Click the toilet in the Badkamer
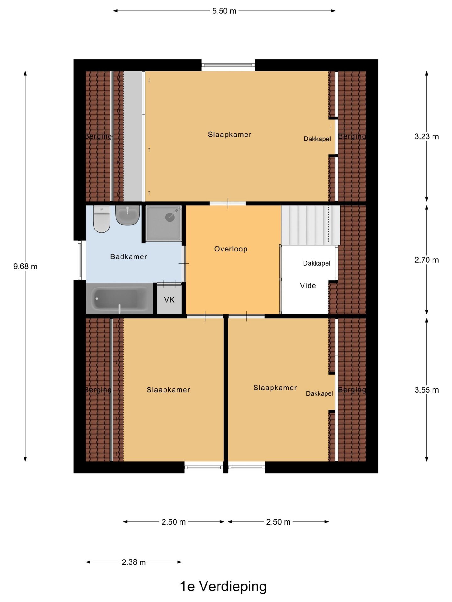(101, 219)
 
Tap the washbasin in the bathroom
(127, 215)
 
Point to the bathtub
(119, 298)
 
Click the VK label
(169, 300)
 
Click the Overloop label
(231, 249)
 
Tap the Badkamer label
(129, 257)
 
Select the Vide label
(308, 286)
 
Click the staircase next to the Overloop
(310, 224)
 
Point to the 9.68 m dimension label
(25, 267)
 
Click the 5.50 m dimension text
(224, 11)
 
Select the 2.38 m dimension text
(134, 562)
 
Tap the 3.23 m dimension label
(427, 136)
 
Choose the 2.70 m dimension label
(427, 260)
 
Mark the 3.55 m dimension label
(427, 390)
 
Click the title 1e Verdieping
(223, 586)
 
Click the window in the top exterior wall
(228, 65)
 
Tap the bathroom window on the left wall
(80, 260)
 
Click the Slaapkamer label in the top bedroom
(230, 135)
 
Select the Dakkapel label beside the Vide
(316, 263)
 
